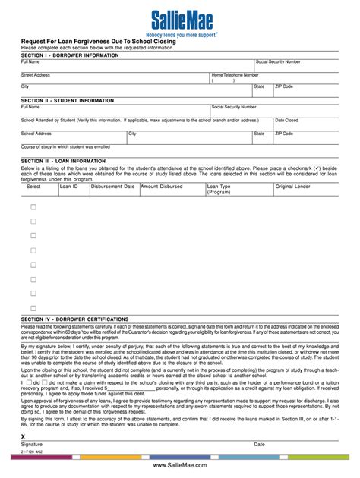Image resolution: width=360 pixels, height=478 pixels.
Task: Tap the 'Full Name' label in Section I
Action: (x=30, y=61)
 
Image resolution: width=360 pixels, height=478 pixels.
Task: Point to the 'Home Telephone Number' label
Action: (x=235, y=75)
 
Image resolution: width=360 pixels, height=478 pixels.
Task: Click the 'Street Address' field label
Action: (x=36, y=75)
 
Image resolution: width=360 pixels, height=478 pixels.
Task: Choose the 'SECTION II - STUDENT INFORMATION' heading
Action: (x=68, y=100)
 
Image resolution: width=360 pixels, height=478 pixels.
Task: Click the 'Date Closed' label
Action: (x=286, y=120)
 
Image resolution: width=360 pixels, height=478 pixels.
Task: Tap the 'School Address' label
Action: (x=36, y=133)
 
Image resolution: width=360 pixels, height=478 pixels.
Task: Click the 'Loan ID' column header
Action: (x=69, y=186)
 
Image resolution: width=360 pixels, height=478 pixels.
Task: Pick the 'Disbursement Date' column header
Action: (x=112, y=186)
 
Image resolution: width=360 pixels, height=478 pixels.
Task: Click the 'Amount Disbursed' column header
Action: (x=161, y=186)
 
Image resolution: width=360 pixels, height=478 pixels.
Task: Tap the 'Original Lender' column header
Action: (x=292, y=186)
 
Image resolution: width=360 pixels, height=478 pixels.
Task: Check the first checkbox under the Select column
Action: (x=33, y=207)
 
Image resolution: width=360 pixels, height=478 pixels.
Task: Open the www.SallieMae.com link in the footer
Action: (x=179, y=464)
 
